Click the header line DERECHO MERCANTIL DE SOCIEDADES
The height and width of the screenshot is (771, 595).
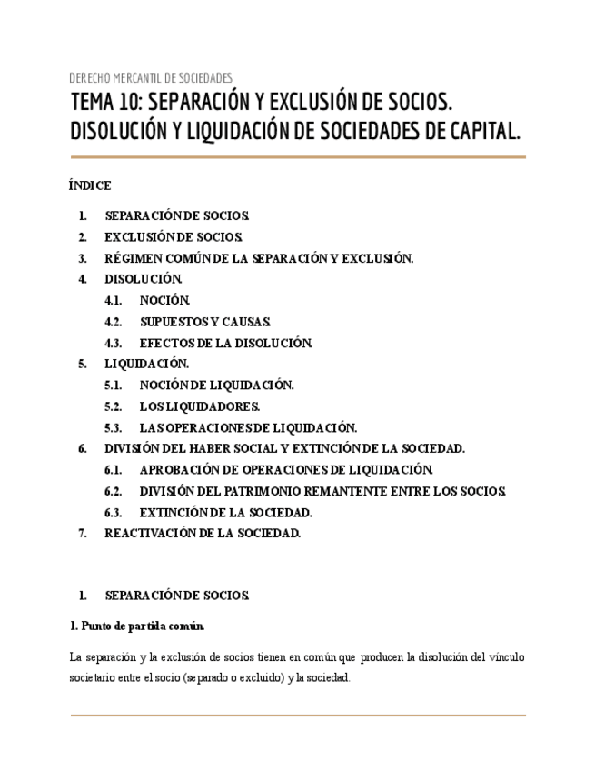pos(151,78)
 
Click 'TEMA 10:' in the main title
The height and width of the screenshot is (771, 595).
pos(106,101)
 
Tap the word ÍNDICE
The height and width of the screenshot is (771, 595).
pos(90,185)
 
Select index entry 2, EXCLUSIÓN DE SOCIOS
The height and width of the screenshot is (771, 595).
pos(174,237)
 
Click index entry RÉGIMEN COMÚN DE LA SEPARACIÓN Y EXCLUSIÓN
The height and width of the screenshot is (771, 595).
pos(259,258)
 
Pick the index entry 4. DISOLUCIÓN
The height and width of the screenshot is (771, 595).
pos(144,279)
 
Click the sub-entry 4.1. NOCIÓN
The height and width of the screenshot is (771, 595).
pos(164,300)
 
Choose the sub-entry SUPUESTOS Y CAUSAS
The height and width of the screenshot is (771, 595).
pos(204,322)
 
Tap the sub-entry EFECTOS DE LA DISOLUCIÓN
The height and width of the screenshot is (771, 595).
pos(225,344)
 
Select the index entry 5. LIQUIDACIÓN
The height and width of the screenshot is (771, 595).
pos(146,364)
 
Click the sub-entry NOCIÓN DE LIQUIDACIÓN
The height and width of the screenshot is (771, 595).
pos(216,385)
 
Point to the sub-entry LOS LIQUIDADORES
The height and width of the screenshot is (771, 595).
pos(199,406)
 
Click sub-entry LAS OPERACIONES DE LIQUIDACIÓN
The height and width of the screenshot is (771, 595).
pos(248,427)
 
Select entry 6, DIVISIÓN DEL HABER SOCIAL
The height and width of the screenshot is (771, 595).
pos(284,448)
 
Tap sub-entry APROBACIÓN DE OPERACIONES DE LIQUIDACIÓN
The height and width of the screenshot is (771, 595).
pos(286,470)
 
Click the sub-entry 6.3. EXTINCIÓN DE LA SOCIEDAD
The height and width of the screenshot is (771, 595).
pos(225,513)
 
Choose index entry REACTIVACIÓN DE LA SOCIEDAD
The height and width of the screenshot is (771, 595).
pos(202,534)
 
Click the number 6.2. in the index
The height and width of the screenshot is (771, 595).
pos(114,491)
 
